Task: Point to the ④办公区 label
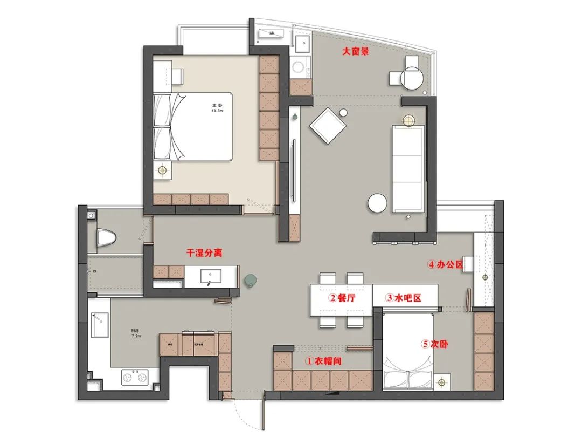(446, 265)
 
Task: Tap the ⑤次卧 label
(438, 343)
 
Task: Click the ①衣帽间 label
(324, 360)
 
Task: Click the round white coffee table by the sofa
(377, 202)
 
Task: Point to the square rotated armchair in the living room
(328, 125)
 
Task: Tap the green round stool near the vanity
(251, 279)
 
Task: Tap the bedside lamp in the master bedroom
(162, 170)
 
